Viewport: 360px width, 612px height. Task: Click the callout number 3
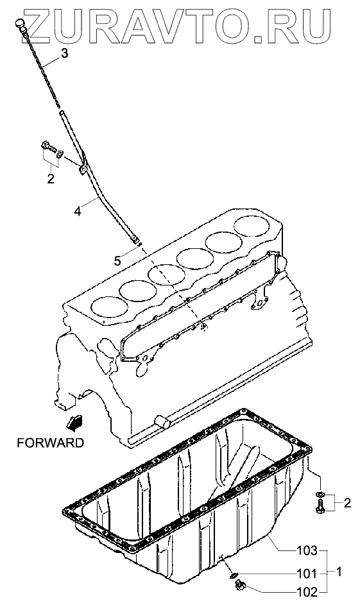coord(64,53)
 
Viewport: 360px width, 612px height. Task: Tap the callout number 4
coord(78,211)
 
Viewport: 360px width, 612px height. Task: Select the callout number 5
coord(117,260)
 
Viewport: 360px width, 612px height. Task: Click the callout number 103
coord(307,550)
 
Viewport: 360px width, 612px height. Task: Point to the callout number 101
coord(307,574)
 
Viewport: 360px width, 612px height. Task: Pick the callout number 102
coord(307,592)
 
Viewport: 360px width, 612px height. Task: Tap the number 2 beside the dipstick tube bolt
coord(51,179)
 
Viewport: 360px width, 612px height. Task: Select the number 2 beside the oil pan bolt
coord(347,503)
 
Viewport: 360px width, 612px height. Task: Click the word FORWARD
coord(50,443)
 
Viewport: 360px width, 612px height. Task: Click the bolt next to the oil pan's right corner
coord(319,509)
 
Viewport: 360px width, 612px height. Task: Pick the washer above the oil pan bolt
coord(320,495)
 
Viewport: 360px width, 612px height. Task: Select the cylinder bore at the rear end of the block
coord(252,225)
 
